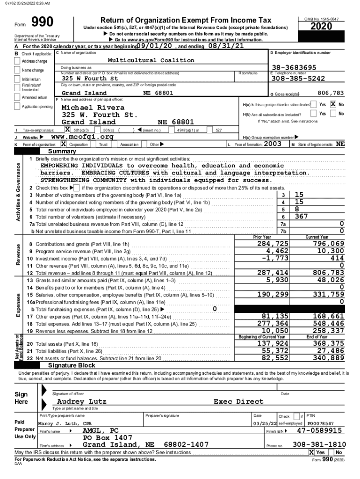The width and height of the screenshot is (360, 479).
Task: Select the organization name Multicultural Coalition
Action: [151, 60]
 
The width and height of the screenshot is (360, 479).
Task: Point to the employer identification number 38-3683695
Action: [294, 67]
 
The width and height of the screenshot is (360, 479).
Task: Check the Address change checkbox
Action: [18, 61]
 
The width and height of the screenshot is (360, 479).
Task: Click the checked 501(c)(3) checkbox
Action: [67, 130]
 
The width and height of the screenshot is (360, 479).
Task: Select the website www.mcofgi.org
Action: [82, 137]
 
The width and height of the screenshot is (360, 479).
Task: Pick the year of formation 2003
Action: [273, 144]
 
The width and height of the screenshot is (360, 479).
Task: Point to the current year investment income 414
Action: [337, 258]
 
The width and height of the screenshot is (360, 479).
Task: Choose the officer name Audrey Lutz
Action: [81, 401]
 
